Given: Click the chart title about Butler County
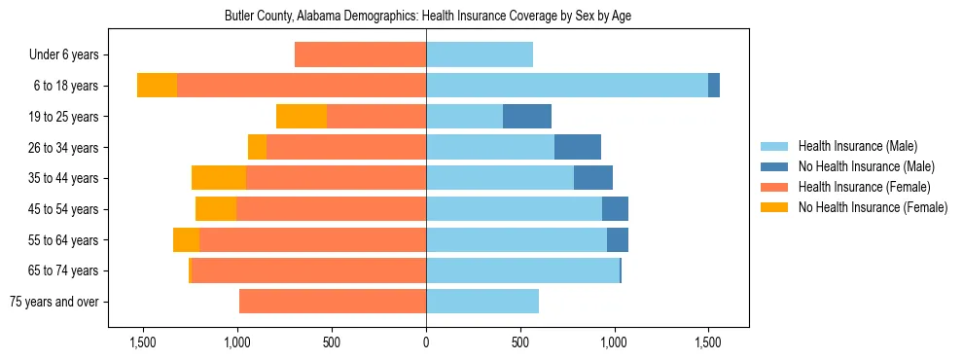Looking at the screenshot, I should [x=428, y=17].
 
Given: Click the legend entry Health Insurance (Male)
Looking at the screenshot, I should [x=857, y=147].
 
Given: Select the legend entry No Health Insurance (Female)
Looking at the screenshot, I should [x=873, y=207].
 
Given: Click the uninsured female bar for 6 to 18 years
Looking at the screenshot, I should [x=157, y=86].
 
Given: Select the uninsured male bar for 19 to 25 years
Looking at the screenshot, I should [x=527, y=117].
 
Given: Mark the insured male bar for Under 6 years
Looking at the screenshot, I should [x=480, y=55].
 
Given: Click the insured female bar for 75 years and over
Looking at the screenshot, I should [x=333, y=302].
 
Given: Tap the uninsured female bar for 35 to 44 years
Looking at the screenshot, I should [x=219, y=178].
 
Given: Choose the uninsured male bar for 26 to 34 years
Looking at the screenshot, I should [x=578, y=147].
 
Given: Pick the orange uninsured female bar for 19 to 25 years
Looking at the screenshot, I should [x=302, y=117].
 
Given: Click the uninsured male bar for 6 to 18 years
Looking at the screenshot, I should [x=714, y=86].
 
